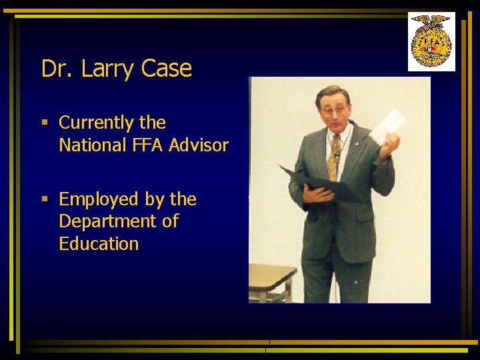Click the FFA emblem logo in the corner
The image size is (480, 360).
431,41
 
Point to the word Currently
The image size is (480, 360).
97,123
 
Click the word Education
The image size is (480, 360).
99,244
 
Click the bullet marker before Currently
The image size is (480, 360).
45,123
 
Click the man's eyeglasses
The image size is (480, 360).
334,109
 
